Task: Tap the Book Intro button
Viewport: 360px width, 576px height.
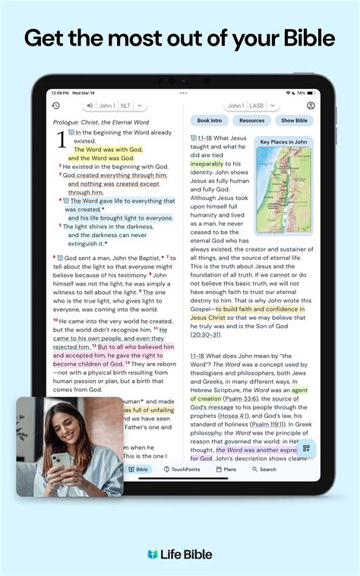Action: pos(210,121)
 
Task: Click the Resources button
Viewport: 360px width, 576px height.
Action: pos(251,121)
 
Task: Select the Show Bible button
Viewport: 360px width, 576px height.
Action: pos(294,121)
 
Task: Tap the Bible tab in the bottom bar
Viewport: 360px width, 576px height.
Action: pos(138,470)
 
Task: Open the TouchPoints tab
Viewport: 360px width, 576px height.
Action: pos(182,470)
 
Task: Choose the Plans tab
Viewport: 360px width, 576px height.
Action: pos(226,470)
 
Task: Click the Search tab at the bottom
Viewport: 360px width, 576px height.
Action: pos(264,470)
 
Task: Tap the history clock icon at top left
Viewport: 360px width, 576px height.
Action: pos(55,106)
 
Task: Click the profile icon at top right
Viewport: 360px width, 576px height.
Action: pos(311,106)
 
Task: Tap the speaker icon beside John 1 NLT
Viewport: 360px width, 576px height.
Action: pos(90,106)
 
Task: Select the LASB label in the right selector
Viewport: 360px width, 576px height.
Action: pos(257,106)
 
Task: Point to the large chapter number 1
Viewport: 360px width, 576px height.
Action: pos(62,141)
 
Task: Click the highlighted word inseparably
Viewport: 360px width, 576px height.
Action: pos(207,163)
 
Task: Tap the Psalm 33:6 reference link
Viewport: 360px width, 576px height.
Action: pos(244,398)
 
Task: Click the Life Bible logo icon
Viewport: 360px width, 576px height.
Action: pos(153,555)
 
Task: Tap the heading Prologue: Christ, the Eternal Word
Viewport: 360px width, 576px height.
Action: pos(101,122)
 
